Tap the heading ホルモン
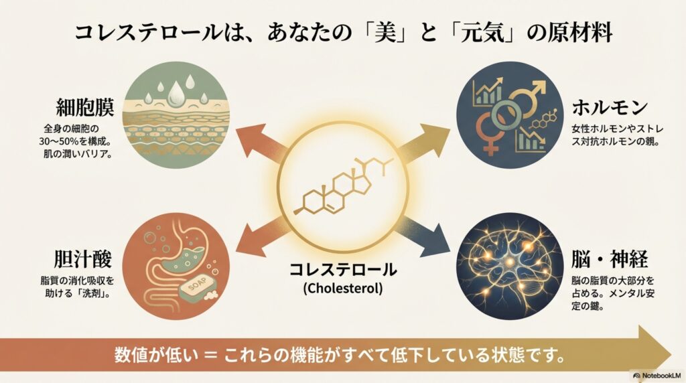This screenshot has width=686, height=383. pos(610,107)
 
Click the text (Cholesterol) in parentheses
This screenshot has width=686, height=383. pos(342,289)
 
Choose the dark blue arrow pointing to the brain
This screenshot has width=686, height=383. pos(429,231)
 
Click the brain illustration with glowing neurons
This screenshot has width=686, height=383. pos(508,264)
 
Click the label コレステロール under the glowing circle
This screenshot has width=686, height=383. pos(342,271)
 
